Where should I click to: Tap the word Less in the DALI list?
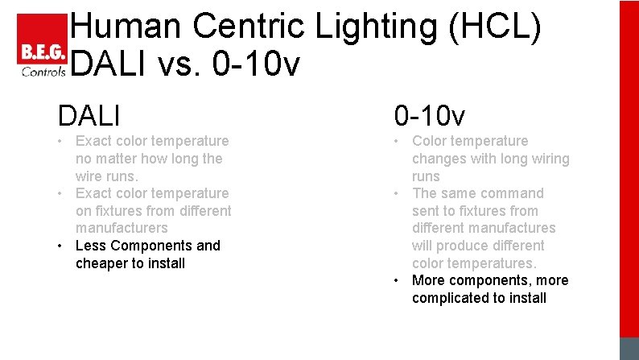coord(89,246)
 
